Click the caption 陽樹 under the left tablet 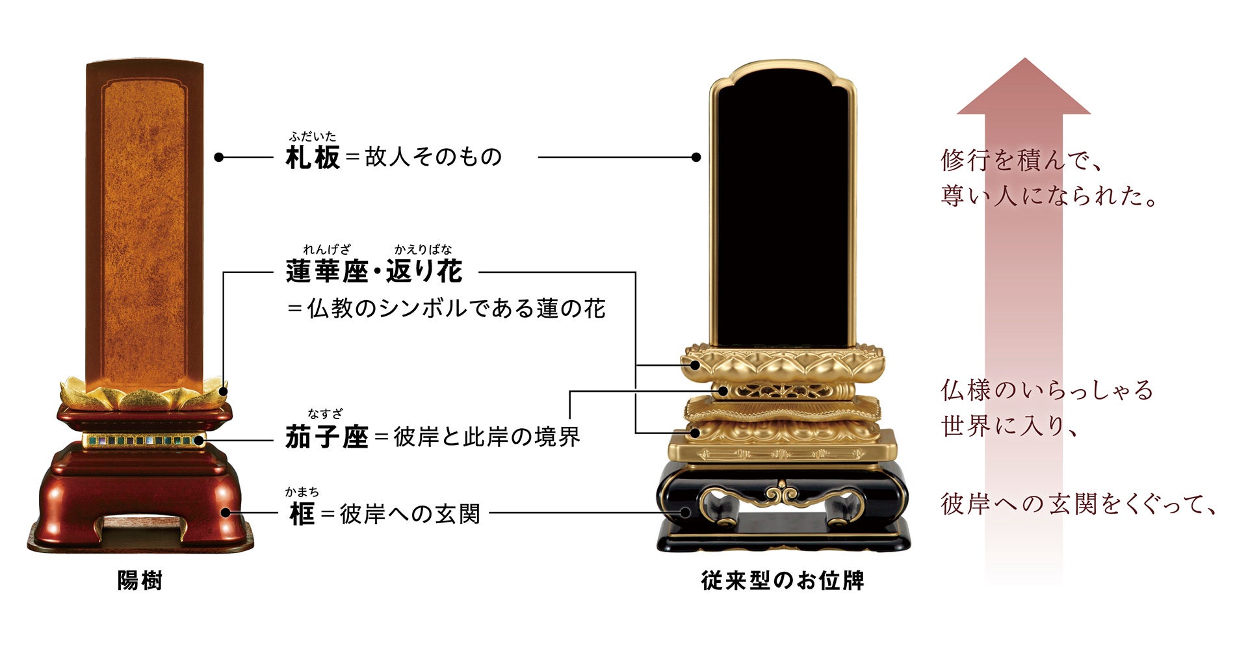pos(140,580)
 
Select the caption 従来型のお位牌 pos(783,580)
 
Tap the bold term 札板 pos(313,157)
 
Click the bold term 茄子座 pos(327,437)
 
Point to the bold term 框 pos(302,515)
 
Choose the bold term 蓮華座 pos(327,272)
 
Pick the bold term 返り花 pos(424,272)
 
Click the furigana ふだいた pos(313,136)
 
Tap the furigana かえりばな pos(422,250)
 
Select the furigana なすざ pos(325,414)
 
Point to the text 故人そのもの pos(434,157)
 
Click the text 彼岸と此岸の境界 pos(487,437)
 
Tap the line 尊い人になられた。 pos(1049,196)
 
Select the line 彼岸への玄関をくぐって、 pos(1078,504)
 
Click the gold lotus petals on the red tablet pos(143,394)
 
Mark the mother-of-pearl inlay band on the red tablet pos(143,441)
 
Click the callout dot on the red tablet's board pos(219,157)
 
